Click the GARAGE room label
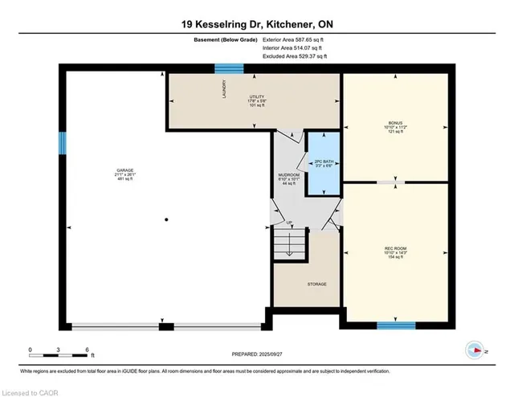click(x=124, y=170)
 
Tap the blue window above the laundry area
click(x=228, y=69)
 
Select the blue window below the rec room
click(x=396, y=325)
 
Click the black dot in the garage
click(x=166, y=219)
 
